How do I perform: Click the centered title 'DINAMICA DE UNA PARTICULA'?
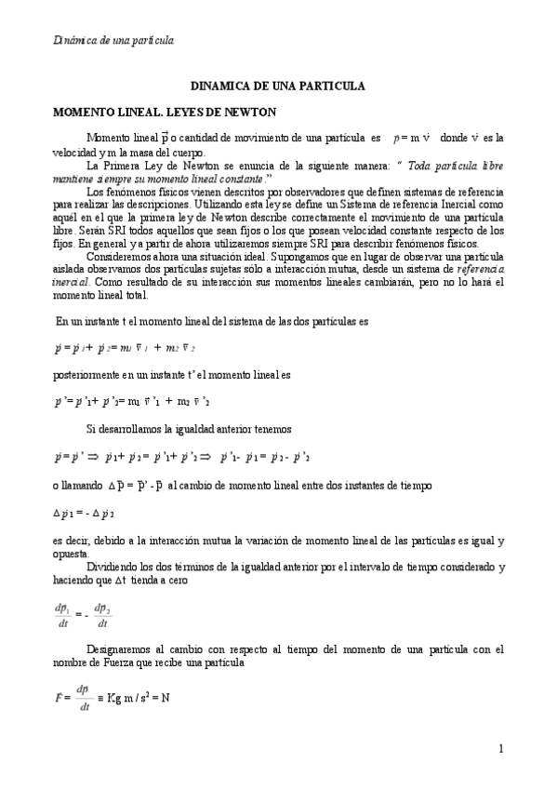(x=278, y=86)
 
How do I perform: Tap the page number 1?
(x=500, y=749)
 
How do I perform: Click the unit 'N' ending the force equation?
(x=165, y=698)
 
